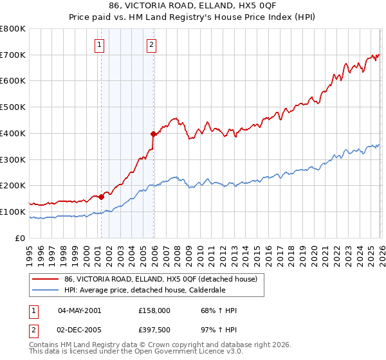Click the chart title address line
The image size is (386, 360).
pyautogui.click(x=193, y=5)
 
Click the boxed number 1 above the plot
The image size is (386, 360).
pyautogui.click(x=100, y=45)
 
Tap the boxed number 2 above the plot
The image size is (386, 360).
pyautogui.click(x=151, y=45)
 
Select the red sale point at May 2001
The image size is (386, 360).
pyautogui.click(x=101, y=197)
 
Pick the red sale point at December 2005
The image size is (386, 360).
pyautogui.click(x=153, y=134)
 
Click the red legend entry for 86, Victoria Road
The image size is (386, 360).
pyautogui.click(x=161, y=278)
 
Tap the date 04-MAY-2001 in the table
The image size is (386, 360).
pyautogui.click(x=79, y=310)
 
